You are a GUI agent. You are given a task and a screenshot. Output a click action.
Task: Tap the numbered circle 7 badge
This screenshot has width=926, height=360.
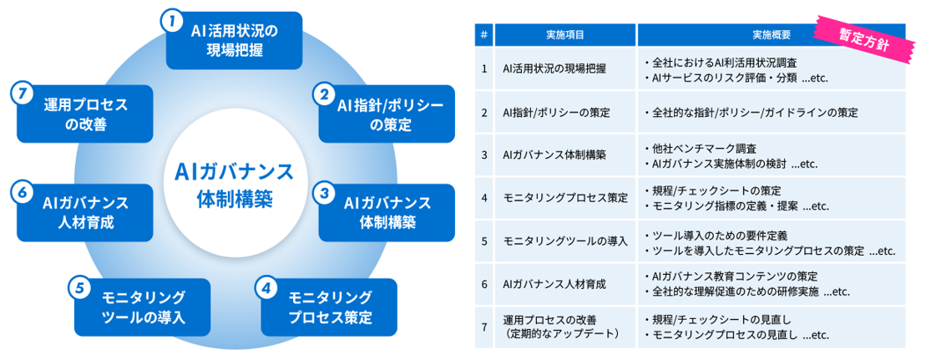pyautogui.click(x=23, y=93)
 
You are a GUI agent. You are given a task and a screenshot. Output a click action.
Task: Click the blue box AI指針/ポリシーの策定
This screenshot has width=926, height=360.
pyautogui.click(x=386, y=113)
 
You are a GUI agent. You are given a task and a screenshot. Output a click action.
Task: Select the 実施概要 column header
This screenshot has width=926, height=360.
pyautogui.click(x=770, y=35)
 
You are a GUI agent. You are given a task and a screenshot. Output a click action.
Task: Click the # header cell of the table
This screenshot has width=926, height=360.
pyautogui.click(x=484, y=35)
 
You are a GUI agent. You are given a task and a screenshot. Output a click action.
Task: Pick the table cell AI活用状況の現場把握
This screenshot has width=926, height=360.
pyautogui.click(x=554, y=68)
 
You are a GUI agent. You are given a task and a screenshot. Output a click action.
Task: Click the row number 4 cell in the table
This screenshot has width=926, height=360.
pyautogui.click(x=484, y=199)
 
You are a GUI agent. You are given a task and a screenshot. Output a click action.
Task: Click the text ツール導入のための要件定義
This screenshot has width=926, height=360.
pyautogui.click(x=717, y=235)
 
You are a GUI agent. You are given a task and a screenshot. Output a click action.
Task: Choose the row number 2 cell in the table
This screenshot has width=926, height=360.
pyautogui.click(x=484, y=112)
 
